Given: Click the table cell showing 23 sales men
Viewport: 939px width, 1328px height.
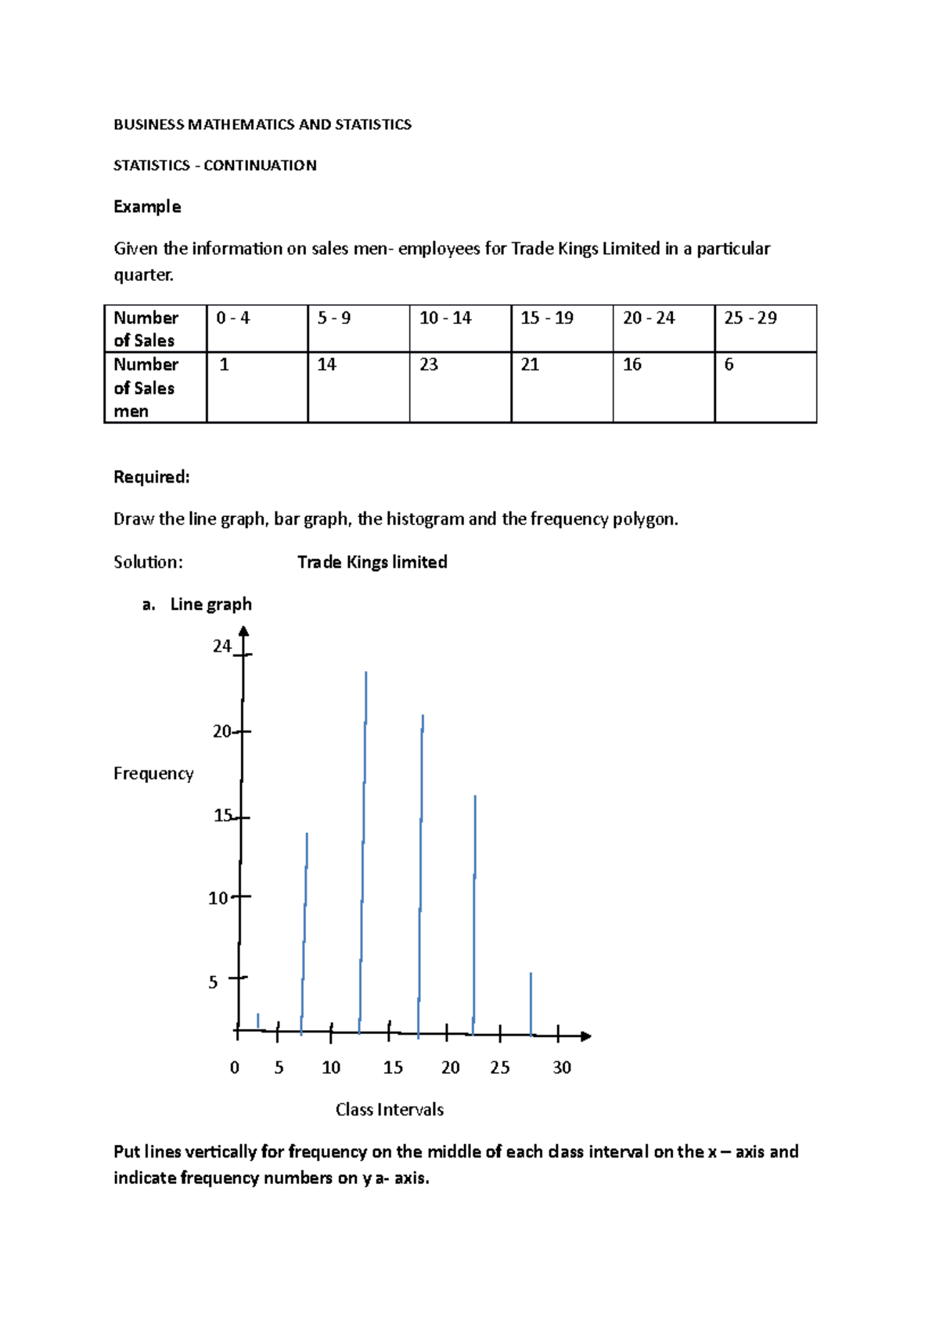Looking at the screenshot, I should click(459, 387).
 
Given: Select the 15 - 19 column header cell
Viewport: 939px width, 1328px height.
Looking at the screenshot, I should click(561, 328).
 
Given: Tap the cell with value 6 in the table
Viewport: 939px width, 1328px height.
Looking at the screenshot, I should click(765, 387).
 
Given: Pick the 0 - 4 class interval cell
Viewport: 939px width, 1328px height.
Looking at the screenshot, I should click(257, 328).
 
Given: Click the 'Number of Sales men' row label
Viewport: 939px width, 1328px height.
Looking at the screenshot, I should click(154, 387).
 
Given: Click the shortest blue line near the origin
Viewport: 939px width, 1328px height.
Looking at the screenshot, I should click(258, 1021).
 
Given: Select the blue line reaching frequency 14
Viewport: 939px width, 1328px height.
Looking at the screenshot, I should click(304, 931).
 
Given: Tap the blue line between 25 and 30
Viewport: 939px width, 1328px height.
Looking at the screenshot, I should click(531, 1005).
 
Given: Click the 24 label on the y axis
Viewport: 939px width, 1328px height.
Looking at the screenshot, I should click(222, 646).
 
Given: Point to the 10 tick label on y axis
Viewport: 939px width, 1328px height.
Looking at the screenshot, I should click(218, 898).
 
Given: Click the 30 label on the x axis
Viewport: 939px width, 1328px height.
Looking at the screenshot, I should click(562, 1068).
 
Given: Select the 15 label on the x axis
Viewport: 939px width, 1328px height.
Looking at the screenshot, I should click(393, 1068).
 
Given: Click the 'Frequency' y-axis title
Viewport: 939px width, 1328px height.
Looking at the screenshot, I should click(153, 773).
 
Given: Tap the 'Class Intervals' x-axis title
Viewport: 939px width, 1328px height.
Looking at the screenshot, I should click(390, 1110).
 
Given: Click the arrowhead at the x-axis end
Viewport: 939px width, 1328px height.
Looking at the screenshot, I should click(586, 1036).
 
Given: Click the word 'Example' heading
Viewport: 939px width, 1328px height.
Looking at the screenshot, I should click(147, 206).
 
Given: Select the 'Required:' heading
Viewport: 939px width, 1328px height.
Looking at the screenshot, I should click(152, 477).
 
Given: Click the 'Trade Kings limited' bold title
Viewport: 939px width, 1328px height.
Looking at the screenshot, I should click(372, 562).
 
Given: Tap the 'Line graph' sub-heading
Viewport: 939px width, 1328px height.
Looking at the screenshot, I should click(210, 604).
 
